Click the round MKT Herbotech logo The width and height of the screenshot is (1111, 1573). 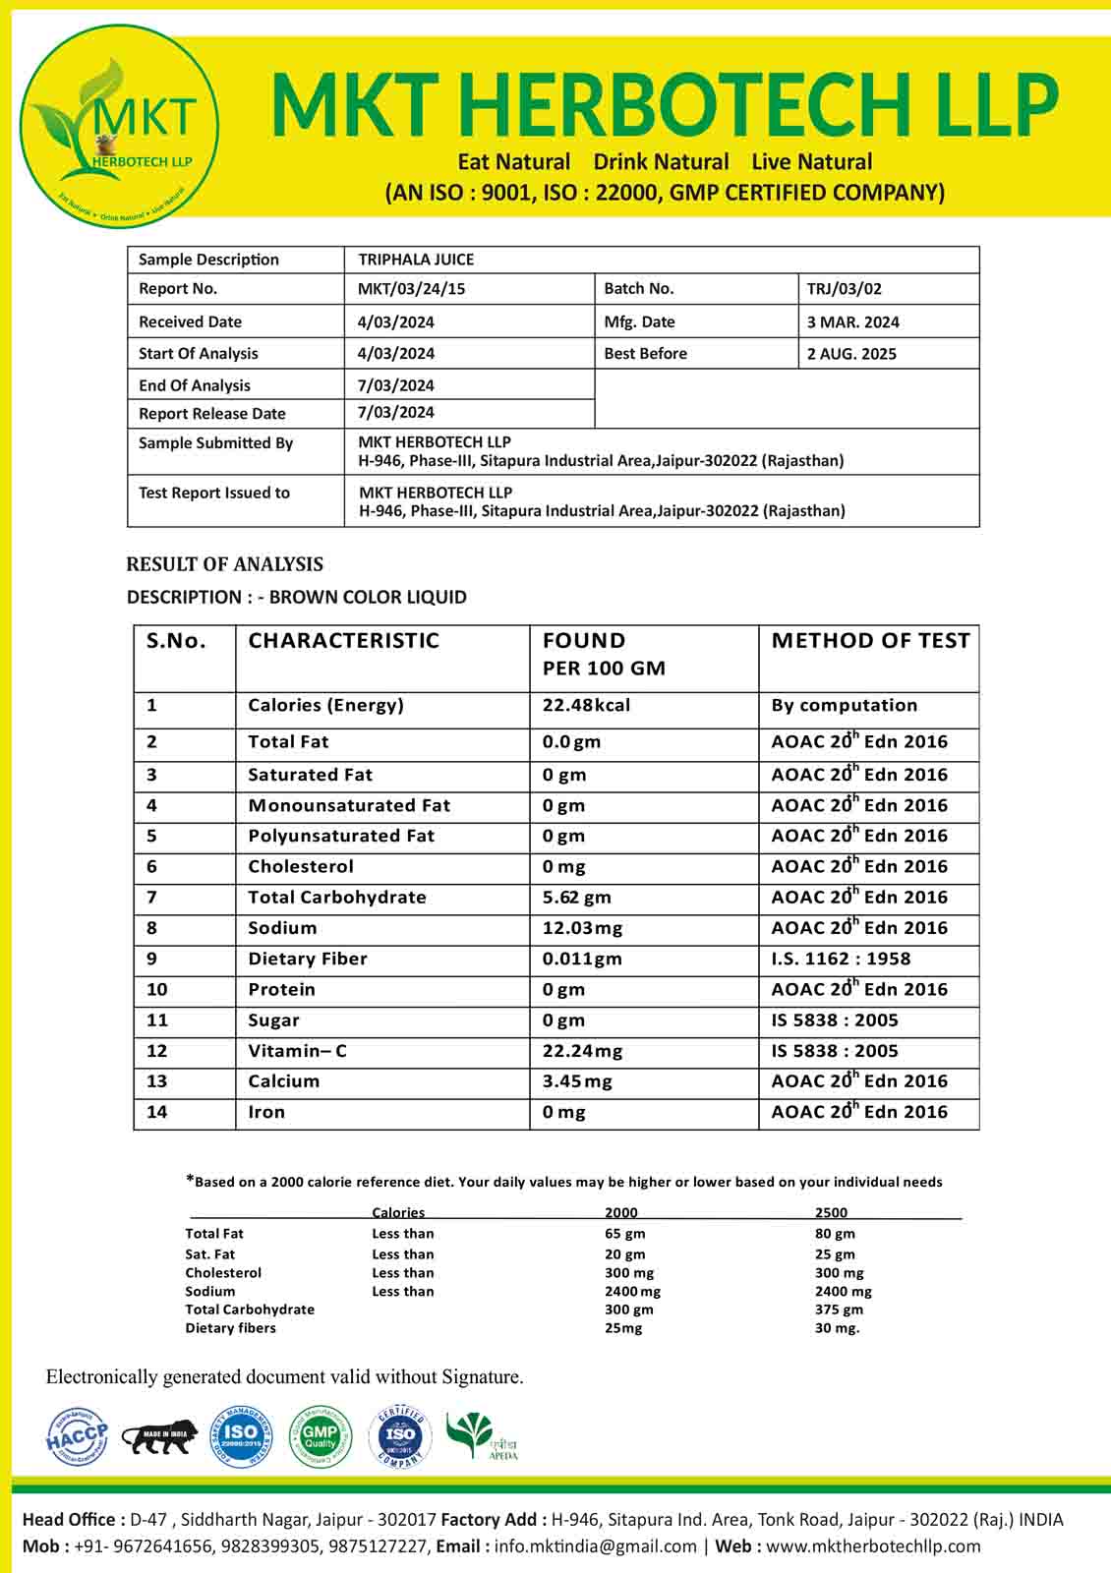(120, 126)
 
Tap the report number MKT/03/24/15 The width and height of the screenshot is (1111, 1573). (411, 289)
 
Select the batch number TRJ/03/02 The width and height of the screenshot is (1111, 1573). (844, 289)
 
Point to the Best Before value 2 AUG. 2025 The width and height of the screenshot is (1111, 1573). (851, 354)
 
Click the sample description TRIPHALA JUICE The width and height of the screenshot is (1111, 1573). (416, 260)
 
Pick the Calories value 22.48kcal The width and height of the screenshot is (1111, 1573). (586, 706)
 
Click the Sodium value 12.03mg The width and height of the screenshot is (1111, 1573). (582, 928)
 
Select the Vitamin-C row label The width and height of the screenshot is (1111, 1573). (297, 1051)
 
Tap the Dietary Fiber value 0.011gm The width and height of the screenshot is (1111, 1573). (582, 959)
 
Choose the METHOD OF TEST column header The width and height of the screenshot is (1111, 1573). (870, 641)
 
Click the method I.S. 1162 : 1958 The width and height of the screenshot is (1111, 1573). (841, 959)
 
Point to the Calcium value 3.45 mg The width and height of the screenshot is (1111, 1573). (577, 1081)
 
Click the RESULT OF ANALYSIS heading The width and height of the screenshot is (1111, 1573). (224, 564)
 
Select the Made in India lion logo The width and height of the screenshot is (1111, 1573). (159, 1437)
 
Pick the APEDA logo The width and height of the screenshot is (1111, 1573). (481, 1437)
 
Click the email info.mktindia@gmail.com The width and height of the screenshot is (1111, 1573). (595, 1546)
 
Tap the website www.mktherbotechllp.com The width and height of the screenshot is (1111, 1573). (873, 1546)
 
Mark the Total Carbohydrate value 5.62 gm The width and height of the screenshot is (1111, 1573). (576, 898)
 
